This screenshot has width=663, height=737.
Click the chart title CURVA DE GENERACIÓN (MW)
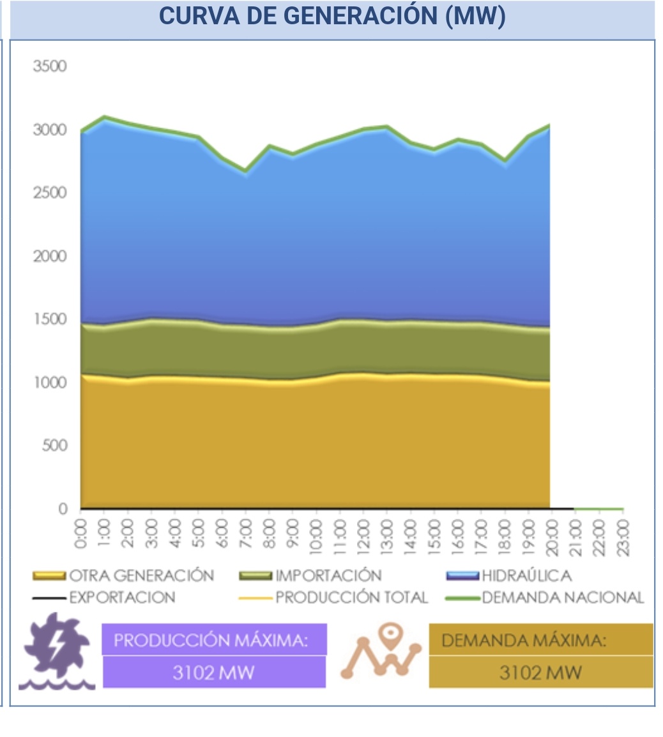332,16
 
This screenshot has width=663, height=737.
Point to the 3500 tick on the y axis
50,66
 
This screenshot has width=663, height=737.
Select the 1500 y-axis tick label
50,319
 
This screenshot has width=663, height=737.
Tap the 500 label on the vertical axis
54,445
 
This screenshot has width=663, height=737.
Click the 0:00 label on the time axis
81,533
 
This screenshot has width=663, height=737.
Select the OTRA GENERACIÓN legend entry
141,576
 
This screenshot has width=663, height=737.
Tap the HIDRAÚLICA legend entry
526,576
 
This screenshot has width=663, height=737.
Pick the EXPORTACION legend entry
122,598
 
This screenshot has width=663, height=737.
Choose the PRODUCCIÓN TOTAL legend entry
351,598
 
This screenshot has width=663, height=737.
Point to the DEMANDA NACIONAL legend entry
563,598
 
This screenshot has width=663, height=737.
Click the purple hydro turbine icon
56,651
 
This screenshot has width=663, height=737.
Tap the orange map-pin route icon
381,651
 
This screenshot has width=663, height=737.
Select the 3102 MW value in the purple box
213,673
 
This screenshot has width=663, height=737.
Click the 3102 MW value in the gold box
540,673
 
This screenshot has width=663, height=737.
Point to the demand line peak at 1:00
105,117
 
